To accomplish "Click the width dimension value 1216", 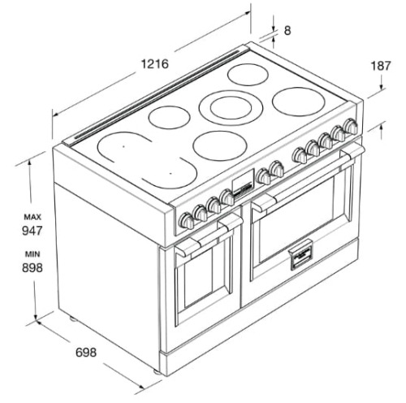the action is click(x=155, y=64).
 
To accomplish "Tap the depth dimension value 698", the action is click(x=86, y=353).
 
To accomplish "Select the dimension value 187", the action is click(x=381, y=66).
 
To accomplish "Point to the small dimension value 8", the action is click(x=287, y=30).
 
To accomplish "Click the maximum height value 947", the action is click(x=32, y=231).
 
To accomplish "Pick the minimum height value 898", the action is click(x=32, y=268).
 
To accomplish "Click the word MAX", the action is click(x=32, y=217).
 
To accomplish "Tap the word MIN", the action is click(x=32, y=254).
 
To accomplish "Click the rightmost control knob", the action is click(x=351, y=127).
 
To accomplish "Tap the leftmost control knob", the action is click(x=187, y=220).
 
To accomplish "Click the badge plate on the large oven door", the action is click(x=301, y=255).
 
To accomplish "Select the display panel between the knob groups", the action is click(x=244, y=184).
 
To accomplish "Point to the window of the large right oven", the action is click(x=297, y=222).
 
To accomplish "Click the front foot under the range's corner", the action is click(x=157, y=371).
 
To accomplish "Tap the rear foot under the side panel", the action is click(x=72, y=318).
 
